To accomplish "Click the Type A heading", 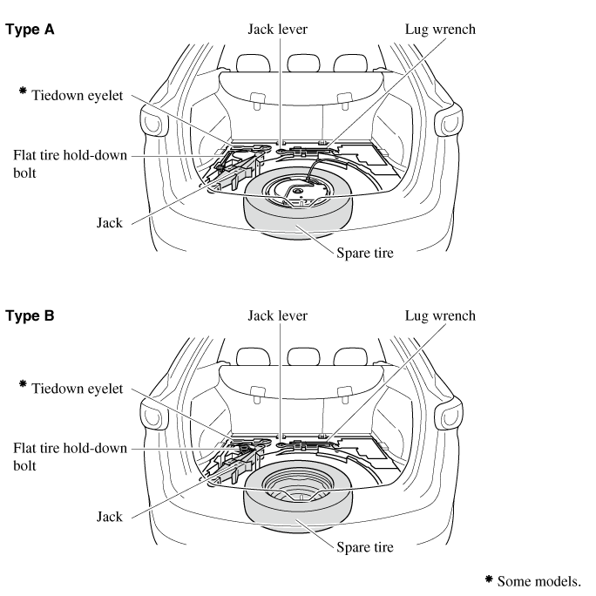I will click(x=30, y=29).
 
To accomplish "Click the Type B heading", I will click(x=30, y=315).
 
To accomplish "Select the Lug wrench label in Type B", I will click(x=441, y=315).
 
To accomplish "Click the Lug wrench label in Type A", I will click(x=441, y=29).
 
